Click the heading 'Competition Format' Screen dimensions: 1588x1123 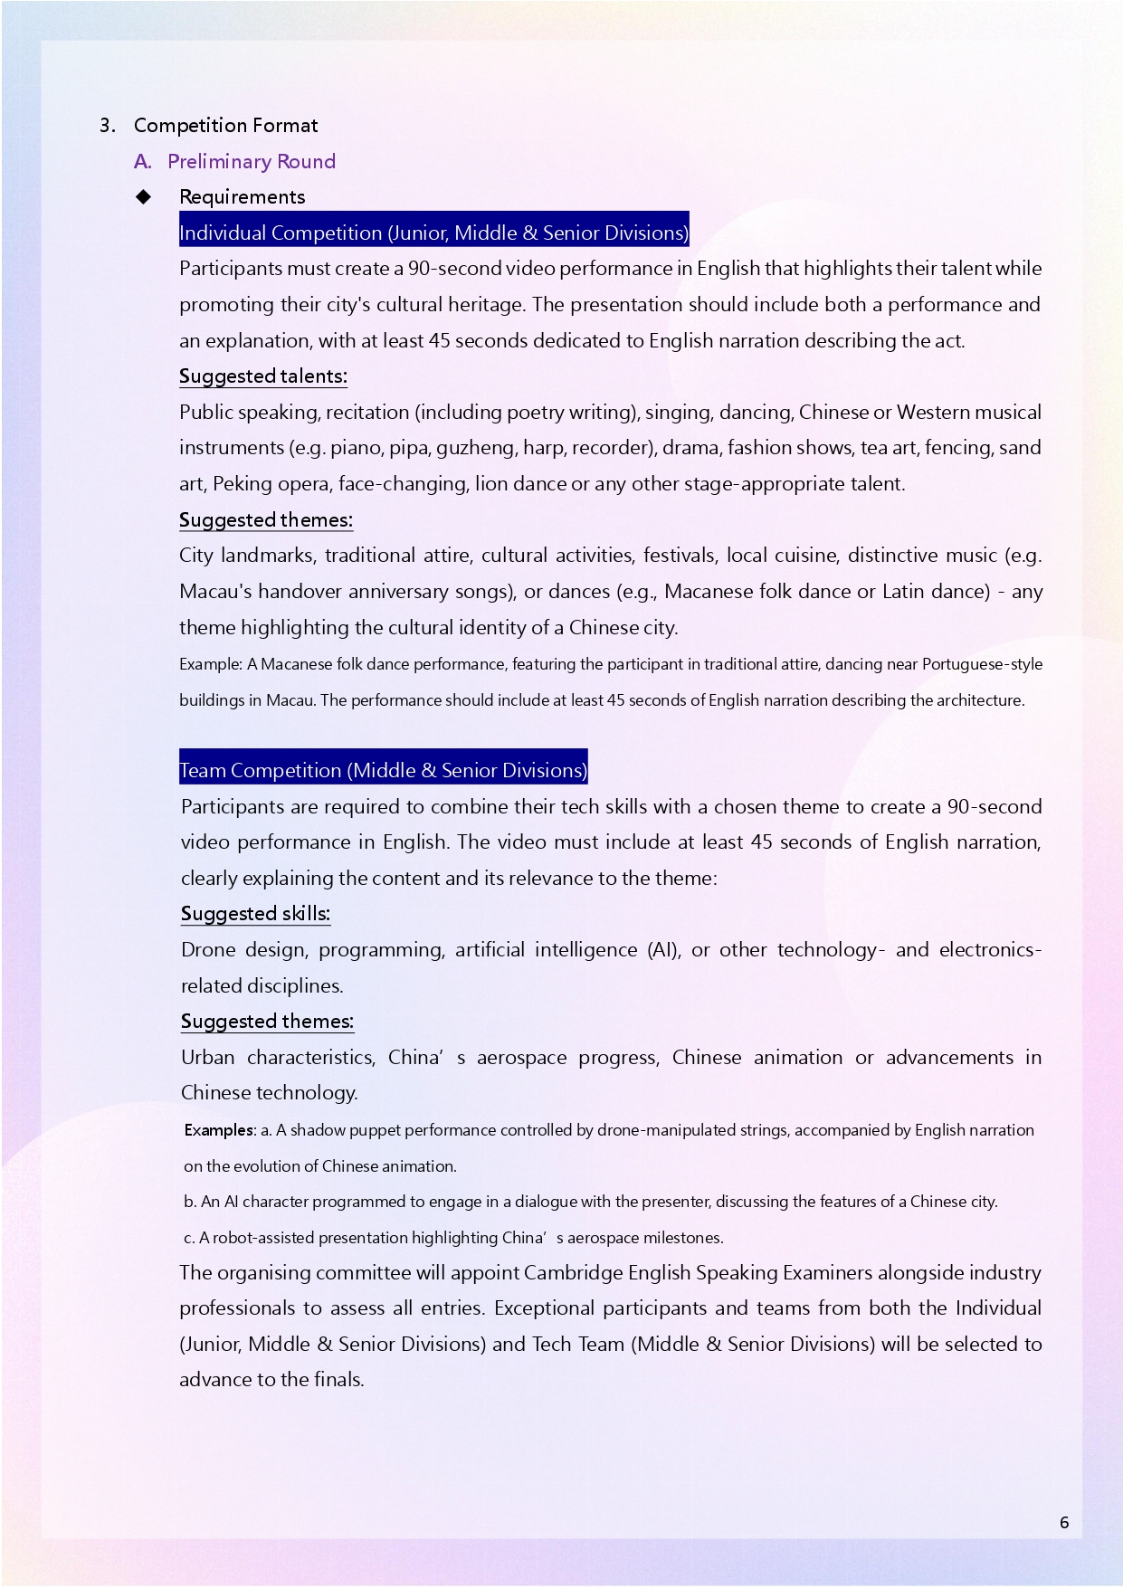(x=225, y=125)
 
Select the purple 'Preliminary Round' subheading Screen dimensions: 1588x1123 (x=251, y=161)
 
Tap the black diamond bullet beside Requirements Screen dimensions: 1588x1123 (x=144, y=197)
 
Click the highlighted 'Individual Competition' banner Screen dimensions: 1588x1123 (x=433, y=233)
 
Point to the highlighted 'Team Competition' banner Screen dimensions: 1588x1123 (x=383, y=770)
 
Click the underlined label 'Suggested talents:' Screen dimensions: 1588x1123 (x=262, y=376)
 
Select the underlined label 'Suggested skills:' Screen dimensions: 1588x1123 (x=255, y=914)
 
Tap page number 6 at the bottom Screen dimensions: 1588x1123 (x=1064, y=1522)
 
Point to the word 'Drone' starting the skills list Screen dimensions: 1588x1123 (x=206, y=950)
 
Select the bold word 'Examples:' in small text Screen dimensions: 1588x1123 (x=220, y=1130)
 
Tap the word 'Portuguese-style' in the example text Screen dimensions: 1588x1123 (x=982, y=664)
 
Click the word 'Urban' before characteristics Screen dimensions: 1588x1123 (x=207, y=1058)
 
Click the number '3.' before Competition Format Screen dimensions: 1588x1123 (x=108, y=125)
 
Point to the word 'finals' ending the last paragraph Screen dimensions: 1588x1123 (x=339, y=1380)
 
